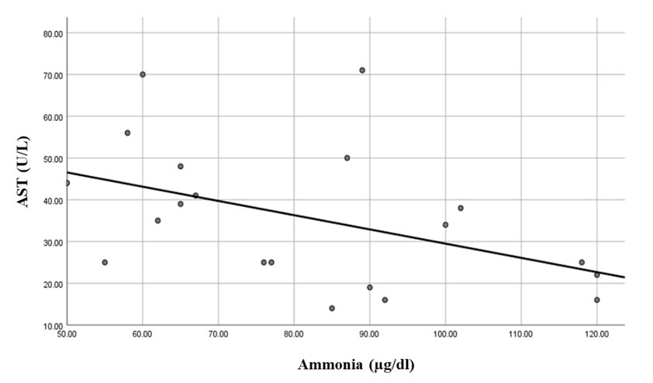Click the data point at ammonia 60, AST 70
(x=143, y=74)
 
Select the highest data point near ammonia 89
(x=362, y=70)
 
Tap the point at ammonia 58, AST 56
(x=127, y=133)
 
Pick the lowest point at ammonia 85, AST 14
(x=332, y=308)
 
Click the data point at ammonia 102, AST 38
(x=461, y=208)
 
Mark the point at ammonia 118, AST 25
(x=582, y=262)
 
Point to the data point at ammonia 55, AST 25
(x=105, y=262)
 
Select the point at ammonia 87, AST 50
(x=347, y=157)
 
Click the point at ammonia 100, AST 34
(x=445, y=225)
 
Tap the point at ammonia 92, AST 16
(x=385, y=299)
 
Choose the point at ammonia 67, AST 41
(x=195, y=195)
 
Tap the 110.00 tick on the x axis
(x=520, y=335)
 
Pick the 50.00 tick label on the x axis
(x=67, y=335)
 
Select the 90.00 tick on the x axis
(x=369, y=335)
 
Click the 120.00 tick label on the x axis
(x=596, y=335)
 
